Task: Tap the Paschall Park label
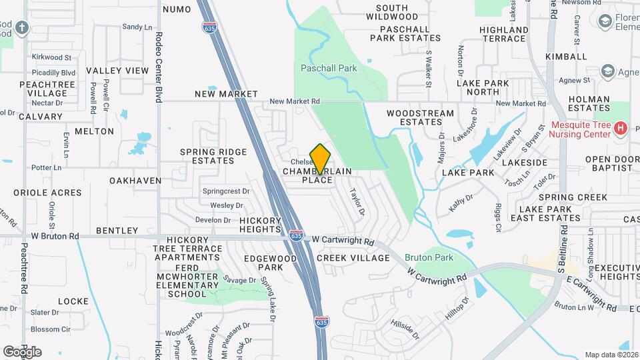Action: (329, 68)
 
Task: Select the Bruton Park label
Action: (428, 256)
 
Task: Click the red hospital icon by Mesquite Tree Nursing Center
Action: (621, 127)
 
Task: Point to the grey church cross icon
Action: (23, 28)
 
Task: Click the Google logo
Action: (22, 351)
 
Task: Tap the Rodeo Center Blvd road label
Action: (159, 67)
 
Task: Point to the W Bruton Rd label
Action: (55, 236)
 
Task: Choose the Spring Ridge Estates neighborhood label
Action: (213, 156)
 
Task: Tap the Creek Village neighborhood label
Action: (353, 258)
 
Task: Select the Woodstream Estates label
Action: (415, 117)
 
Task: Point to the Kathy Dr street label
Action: (461, 203)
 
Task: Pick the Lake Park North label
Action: (483, 87)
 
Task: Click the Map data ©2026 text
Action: (611, 355)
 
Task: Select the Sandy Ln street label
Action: (137, 27)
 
